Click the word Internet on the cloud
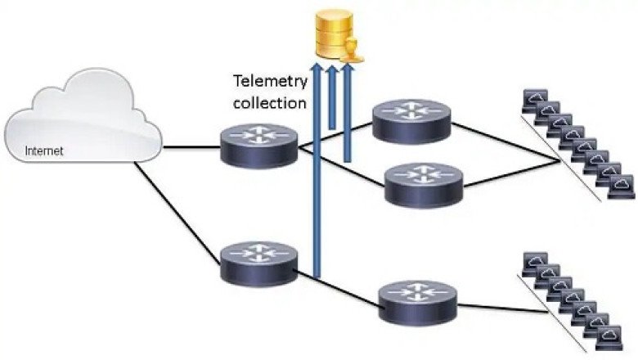[44, 151]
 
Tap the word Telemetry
[270, 81]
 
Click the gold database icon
[336, 34]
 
